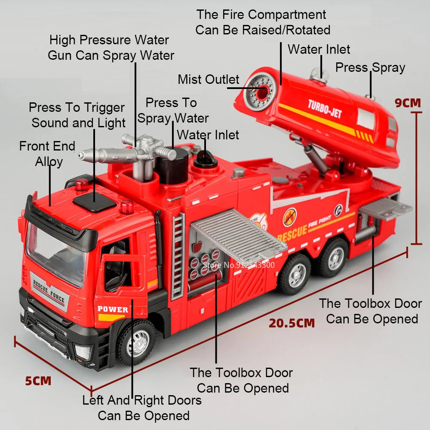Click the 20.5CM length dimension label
click(x=292, y=322)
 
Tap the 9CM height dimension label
click(x=408, y=103)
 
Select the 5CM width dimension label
click(x=38, y=381)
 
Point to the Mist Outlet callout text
click(x=209, y=80)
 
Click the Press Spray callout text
click(x=370, y=68)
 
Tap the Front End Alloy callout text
click(x=48, y=154)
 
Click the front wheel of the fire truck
click(x=137, y=342)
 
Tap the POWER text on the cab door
click(x=113, y=309)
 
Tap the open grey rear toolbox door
click(x=385, y=209)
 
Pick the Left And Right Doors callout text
click(x=142, y=408)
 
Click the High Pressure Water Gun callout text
click(x=111, y=48)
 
